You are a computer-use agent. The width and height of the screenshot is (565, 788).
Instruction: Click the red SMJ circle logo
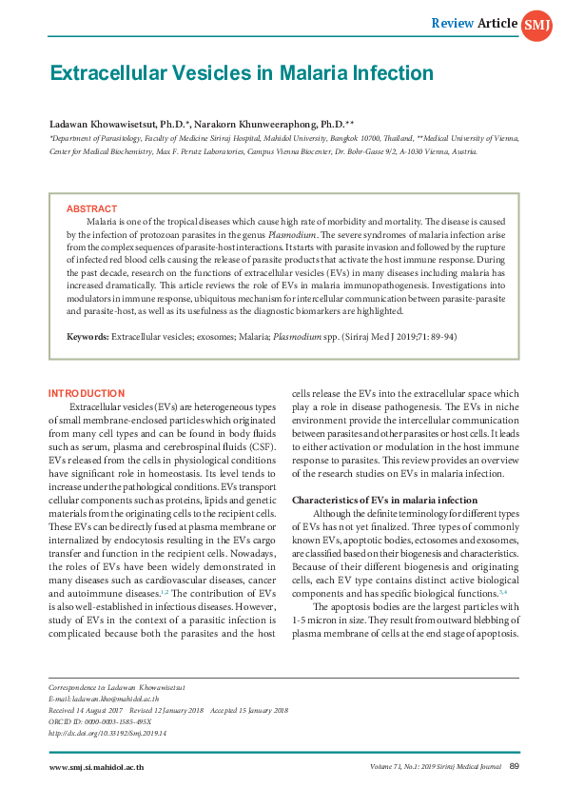coord(534,24)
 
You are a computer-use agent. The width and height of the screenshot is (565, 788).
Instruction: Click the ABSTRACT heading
coord(91,208)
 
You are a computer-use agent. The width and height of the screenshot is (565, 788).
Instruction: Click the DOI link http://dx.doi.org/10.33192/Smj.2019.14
coord(107,734)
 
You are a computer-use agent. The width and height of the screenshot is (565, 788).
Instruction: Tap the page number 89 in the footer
coord(514,767)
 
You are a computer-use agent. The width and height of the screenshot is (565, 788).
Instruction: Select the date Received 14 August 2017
coord(88,710)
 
